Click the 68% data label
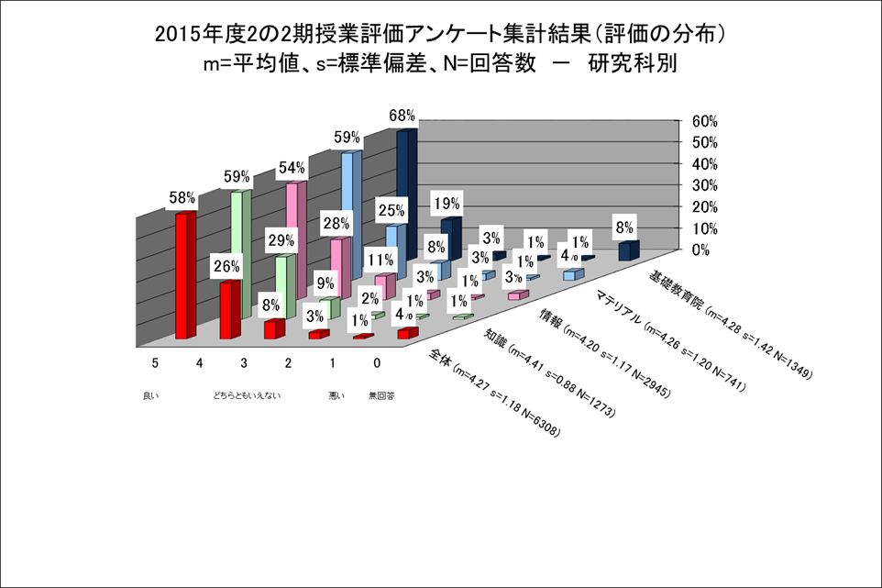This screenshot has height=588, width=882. (402, 116)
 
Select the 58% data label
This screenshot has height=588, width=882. (182, 196)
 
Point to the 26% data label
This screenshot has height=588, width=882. (227, 267)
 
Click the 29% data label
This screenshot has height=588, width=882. (281, 241)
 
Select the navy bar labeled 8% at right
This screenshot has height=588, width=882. (628, 250)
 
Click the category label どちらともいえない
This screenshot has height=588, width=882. (247, 396)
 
